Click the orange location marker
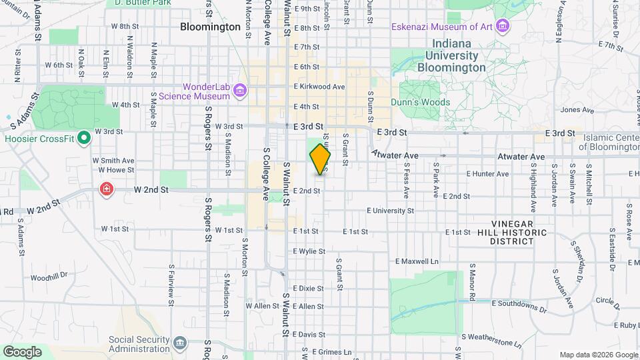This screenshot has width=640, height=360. (x=320, y=159)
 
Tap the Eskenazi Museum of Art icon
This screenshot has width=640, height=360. (x=503, y=27)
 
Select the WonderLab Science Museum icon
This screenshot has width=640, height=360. (x=240, y=91)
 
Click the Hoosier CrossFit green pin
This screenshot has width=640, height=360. (x=84, y=139)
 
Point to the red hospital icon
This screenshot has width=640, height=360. (x=106, y=190)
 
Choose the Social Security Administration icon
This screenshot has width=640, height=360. (x=179, y=343)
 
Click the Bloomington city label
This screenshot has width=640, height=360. (x=210, y=27)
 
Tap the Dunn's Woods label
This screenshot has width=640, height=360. (x=424, y=103)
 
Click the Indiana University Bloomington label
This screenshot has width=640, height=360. (x=452, y=56)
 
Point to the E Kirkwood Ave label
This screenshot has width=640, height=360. (x=319, y=87)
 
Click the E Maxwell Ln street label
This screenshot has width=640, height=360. (x=417, y=261)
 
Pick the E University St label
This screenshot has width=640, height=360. (x=390, y=211)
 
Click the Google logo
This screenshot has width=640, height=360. (x=22, y=351)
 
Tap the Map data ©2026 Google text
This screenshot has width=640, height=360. (x=598, y=355)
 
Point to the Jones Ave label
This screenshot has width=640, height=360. (x=577, y=110)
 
